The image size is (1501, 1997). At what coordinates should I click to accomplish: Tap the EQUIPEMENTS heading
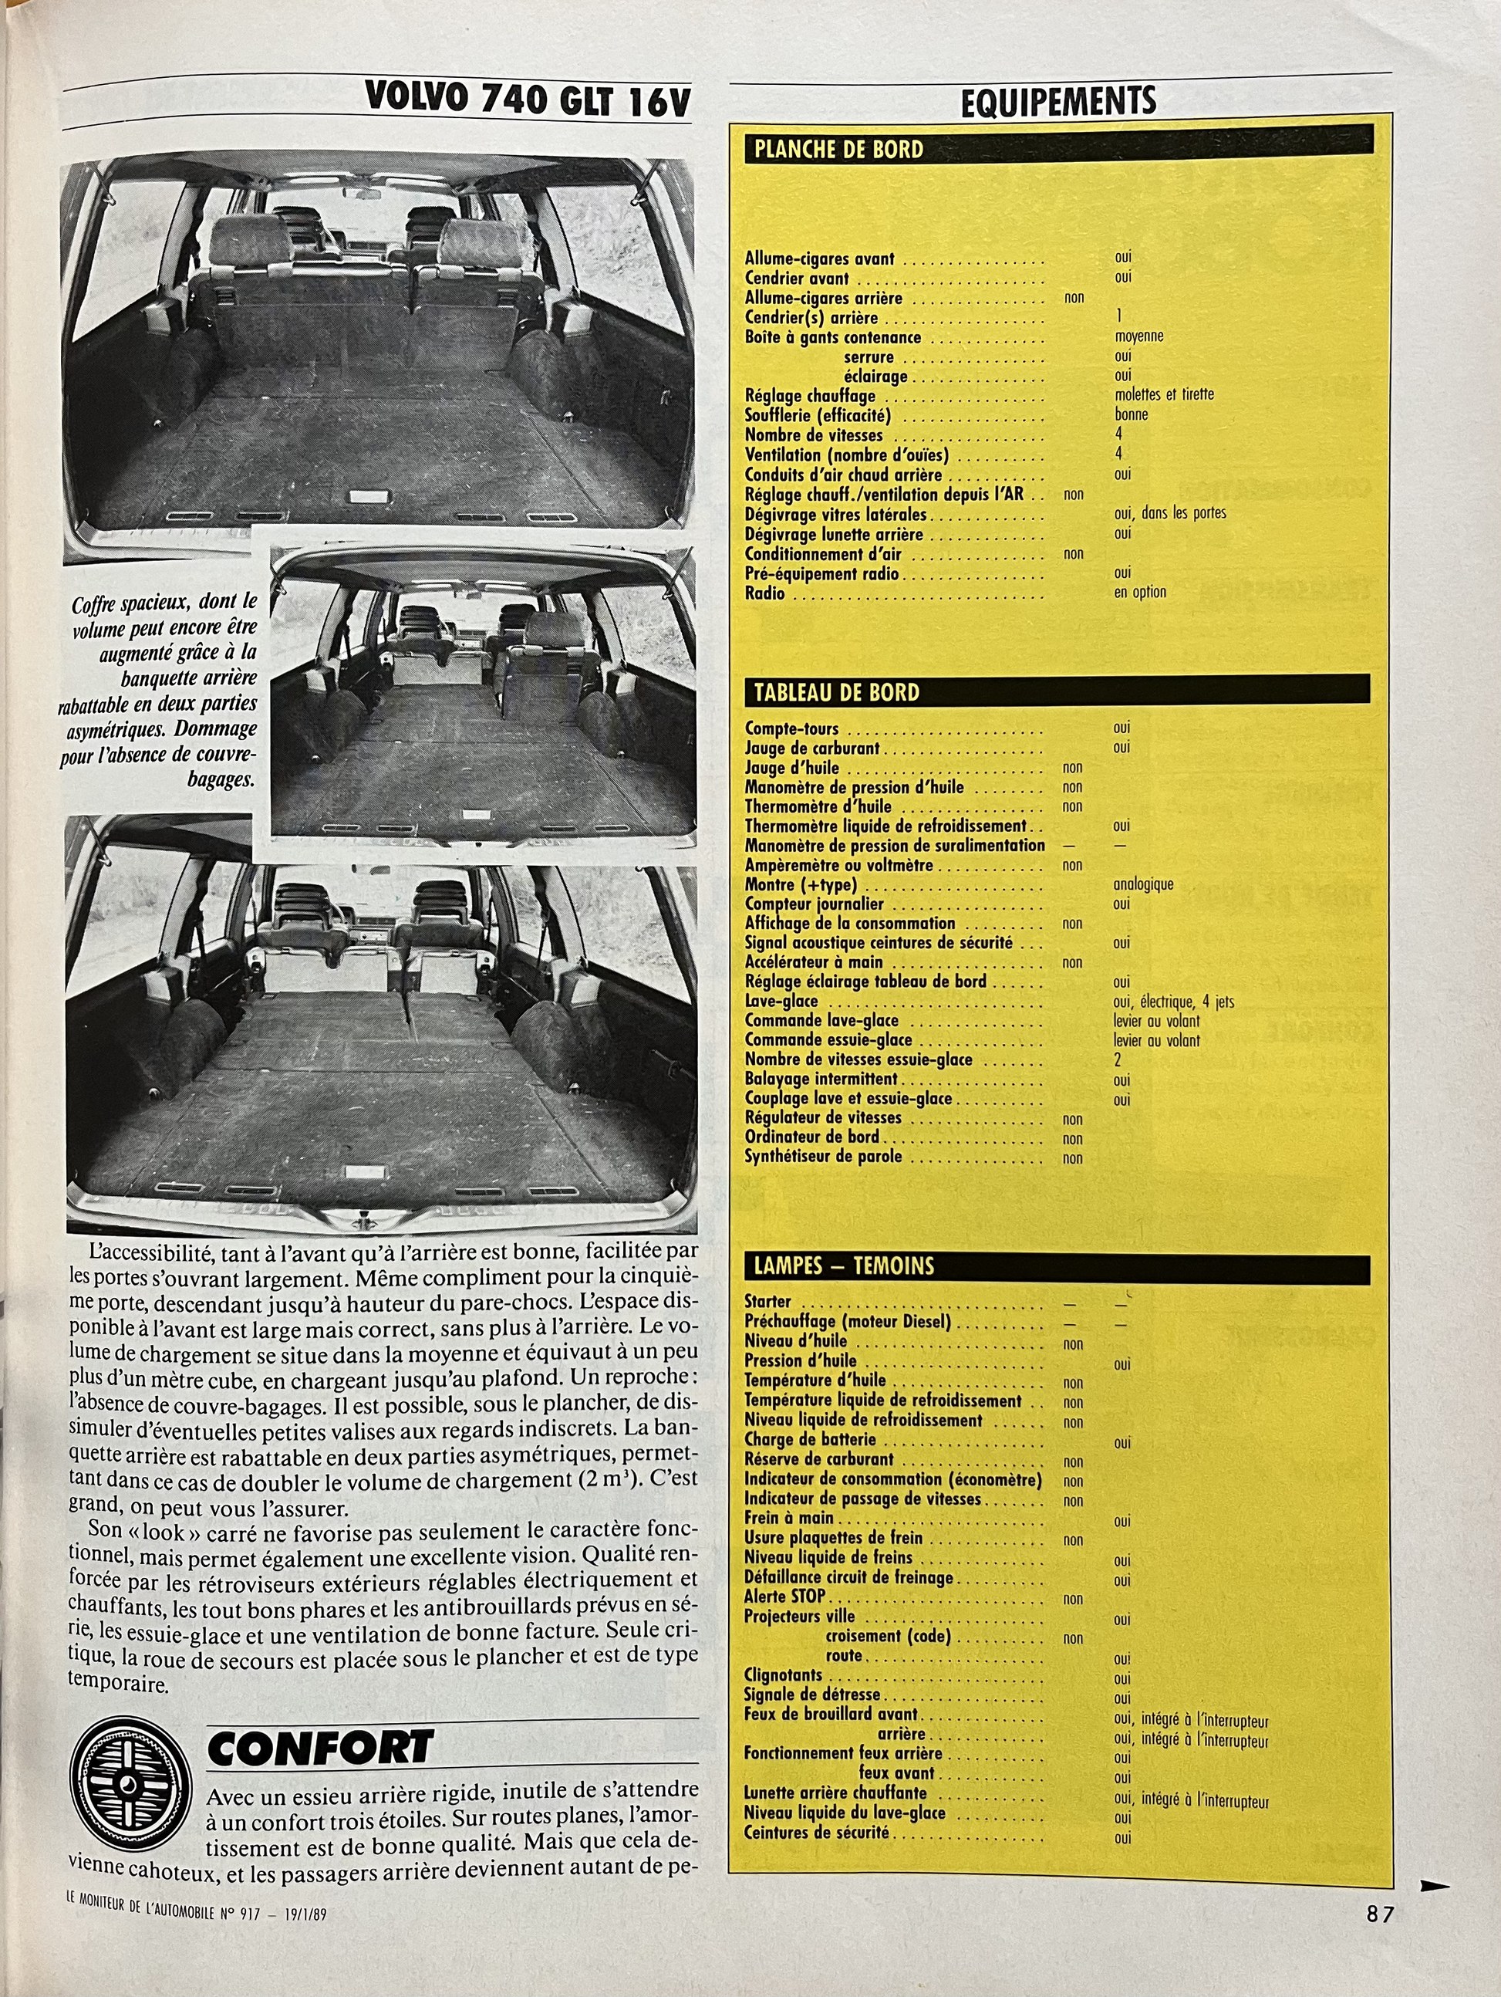pos(1057,102)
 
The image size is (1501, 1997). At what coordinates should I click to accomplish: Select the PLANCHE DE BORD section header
pos(839,150)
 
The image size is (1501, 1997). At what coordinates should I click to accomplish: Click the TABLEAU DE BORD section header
pos(837,692)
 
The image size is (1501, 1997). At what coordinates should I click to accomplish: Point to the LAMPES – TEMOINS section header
pos(844,1265)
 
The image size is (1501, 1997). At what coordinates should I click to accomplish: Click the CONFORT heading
pos(320,1749)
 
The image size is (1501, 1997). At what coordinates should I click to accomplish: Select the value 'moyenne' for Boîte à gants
pos(1138,336)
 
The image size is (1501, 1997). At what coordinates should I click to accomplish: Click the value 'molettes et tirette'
pos(1163,394)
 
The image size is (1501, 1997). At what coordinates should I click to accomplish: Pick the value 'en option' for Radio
pos(1139,593)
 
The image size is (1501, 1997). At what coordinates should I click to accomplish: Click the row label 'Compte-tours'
pos(791,728)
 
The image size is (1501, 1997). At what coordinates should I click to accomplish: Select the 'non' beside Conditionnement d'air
pos(1073,553)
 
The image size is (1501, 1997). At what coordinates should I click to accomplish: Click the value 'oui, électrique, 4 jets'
pos(1173,1002)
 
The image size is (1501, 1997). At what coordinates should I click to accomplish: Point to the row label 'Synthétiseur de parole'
pos(822,1157)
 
